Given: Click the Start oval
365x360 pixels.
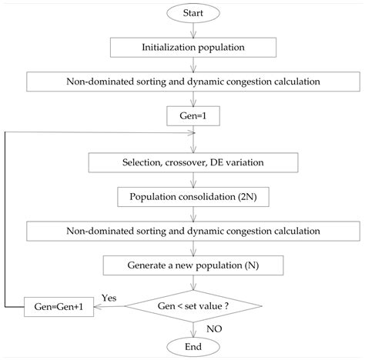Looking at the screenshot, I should [193, 15].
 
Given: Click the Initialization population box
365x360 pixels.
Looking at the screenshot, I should [193, 47].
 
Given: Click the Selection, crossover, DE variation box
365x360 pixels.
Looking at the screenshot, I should [193, 163].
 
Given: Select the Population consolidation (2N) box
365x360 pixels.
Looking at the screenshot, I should [193, 196].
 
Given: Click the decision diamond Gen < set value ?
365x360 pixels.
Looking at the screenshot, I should [193, 307].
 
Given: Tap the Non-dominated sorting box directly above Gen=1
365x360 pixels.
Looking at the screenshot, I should [193, 82].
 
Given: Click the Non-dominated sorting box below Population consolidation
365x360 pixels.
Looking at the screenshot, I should [193, 230].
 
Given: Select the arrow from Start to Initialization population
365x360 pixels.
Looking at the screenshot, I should [193, 31].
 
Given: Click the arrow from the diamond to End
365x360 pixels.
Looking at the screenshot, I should [193, 327].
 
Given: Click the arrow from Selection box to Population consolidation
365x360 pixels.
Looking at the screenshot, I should [193, 179].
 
